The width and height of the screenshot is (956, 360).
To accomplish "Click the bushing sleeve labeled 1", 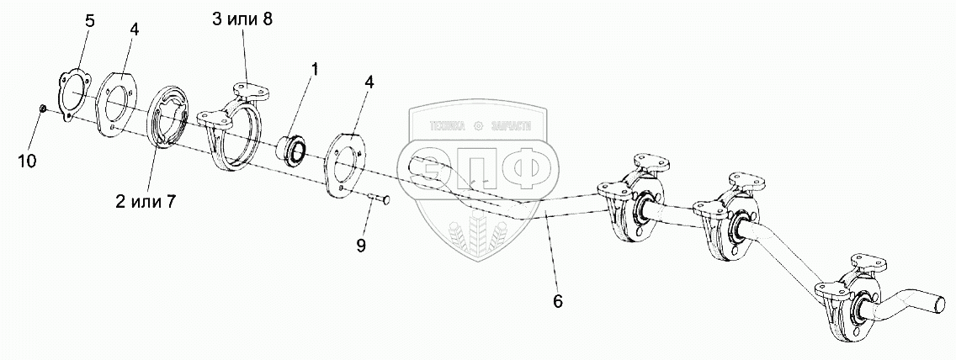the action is coord(295,150).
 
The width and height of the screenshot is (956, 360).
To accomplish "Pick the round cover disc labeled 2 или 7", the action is coord(173,126).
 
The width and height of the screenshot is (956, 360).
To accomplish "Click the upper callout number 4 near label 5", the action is coord(134,29).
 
